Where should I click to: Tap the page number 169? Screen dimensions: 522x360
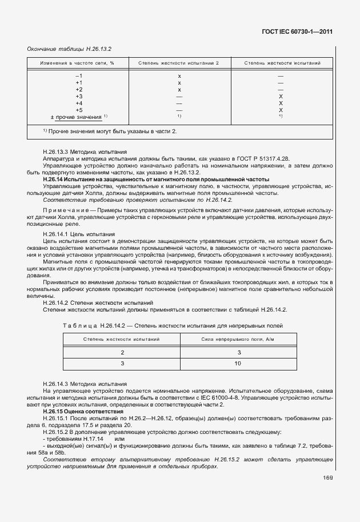click(327, 478)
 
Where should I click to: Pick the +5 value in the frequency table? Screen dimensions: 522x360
click(79, 110)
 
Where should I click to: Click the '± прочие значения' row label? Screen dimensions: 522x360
click(76, 117)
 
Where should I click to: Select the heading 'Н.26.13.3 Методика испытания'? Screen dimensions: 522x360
click(78, 153)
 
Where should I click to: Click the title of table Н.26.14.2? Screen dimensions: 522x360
click(179, 325)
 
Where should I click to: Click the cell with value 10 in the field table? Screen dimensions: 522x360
click(238, 363)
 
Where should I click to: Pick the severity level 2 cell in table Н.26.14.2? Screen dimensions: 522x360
click(122, 352)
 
